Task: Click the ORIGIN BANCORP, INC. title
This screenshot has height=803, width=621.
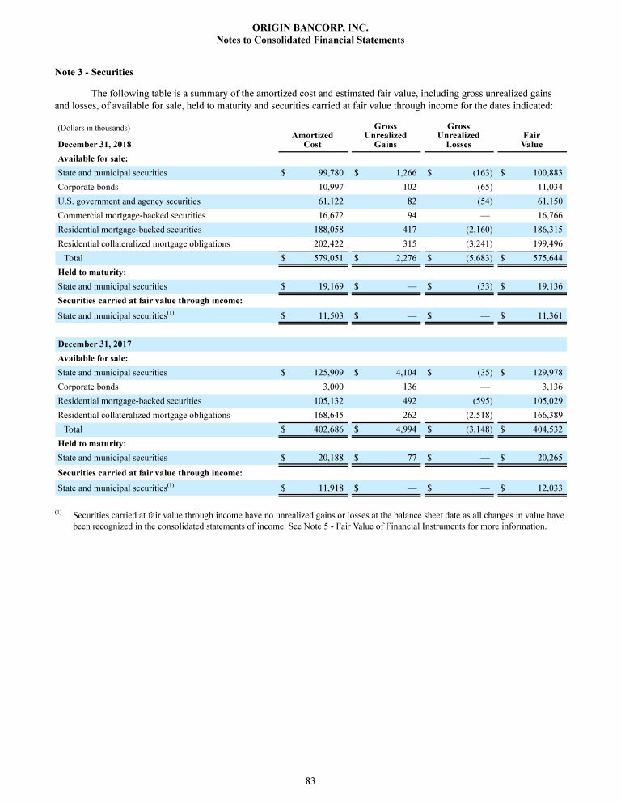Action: pyautogui.click(x=311, y=27)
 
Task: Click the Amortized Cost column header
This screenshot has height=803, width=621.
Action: pyautogui.click(x=312, y=140)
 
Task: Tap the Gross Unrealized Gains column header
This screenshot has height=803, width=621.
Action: pyautogui.click(x=386, y=136)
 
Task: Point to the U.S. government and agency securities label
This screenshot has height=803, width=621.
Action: pyautogui.click(x=129, y=201)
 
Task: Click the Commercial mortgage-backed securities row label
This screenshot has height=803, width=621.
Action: pyautogui.click(x=131, y=216)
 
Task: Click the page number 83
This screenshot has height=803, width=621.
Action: pyautogui.click(x=310, y=780)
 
